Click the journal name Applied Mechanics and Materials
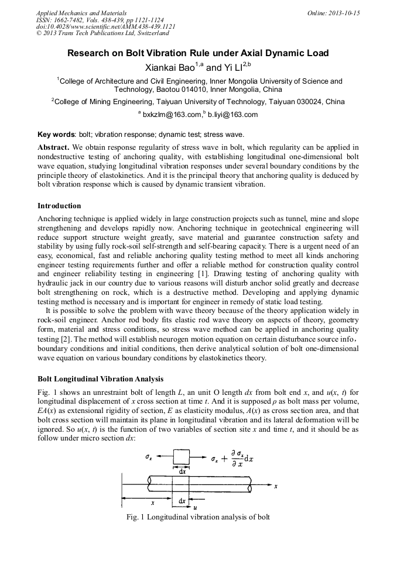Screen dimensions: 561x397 (x=81, y=13)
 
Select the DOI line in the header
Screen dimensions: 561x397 (x=105, y=27)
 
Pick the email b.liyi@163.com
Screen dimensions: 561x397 (x=233, y=115)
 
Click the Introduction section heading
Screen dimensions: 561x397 (x=59, y=206)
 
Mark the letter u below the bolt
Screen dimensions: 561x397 (x=195, y=507)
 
